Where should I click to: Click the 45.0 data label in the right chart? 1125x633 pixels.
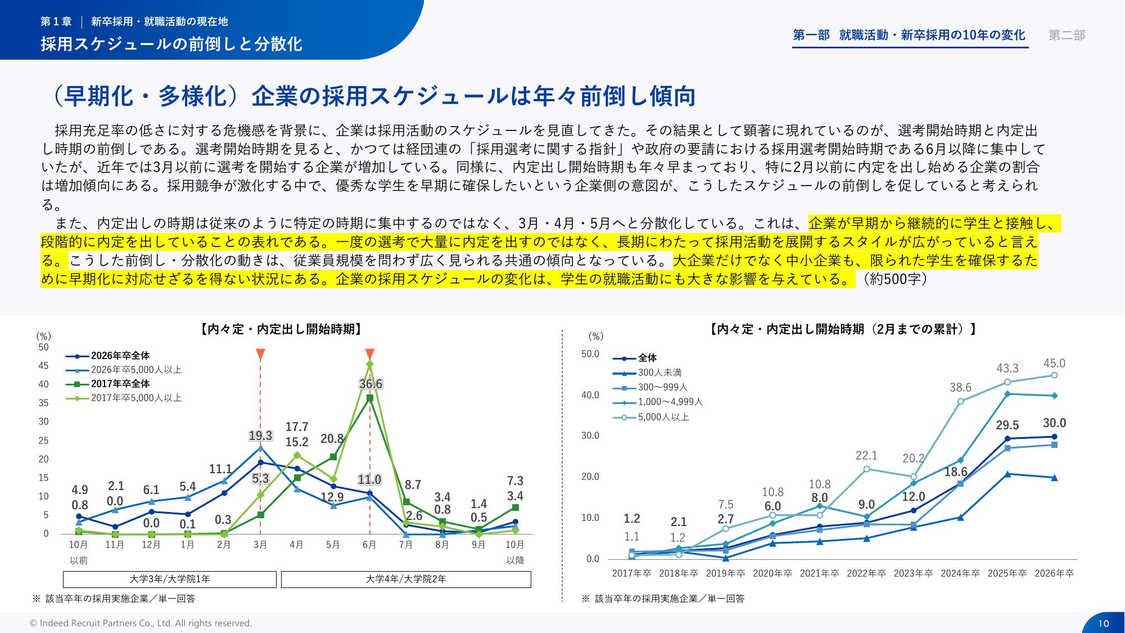[1054, 363]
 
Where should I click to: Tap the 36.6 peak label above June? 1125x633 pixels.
[371, 384]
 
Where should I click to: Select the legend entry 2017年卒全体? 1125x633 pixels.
[120, 384]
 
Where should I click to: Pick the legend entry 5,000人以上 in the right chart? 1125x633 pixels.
[663, 417]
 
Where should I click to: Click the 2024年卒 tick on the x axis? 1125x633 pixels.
[960, 573]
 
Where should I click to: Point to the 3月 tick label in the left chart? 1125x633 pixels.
[260, 545]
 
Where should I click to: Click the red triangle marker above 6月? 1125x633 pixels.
[369, 354]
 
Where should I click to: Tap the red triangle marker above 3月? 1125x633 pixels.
[260, 354]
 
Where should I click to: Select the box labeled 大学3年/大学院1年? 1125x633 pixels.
[170, 579]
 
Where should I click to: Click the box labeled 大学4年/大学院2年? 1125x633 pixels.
[406, 579]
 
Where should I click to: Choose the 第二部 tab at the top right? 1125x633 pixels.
[1067, 35]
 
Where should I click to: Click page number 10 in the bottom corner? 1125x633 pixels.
[1103, 623]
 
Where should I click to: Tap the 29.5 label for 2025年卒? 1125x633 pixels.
[1007, 425]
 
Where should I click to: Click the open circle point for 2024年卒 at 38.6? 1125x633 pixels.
[960, 401]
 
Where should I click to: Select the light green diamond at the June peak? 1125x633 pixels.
[369, 364]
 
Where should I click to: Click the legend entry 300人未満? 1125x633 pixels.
[659, 372]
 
